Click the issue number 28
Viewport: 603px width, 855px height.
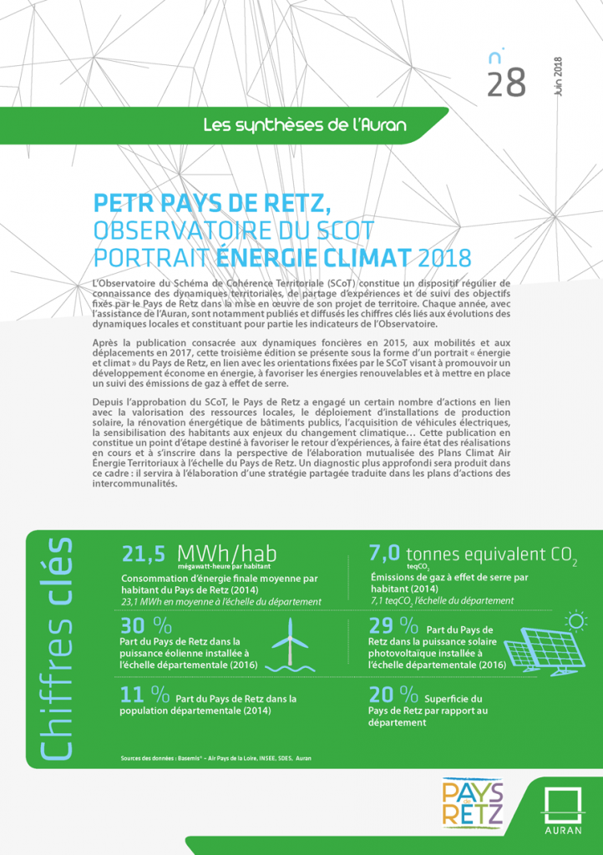pyautogui.click(x=505, y=82)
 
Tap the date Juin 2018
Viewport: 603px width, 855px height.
pyautogui.click(x=558, y=78)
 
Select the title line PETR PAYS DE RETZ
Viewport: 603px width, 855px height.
pyautogui.click(x=214, y=203)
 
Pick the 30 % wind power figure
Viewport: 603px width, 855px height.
pyautogui.click(x=145, y=626)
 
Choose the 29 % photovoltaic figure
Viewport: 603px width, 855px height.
pyautogui.click(x=393, y=626)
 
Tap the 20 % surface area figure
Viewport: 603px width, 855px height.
pyautogui.click(x=393, y=695)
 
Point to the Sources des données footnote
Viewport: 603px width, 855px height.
pyautogui.click(x=216, y=758)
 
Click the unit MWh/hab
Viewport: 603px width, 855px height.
pyautogui.click(x=226, y=554)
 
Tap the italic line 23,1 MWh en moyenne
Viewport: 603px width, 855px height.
pyautogui.click(x=221, y=602)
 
